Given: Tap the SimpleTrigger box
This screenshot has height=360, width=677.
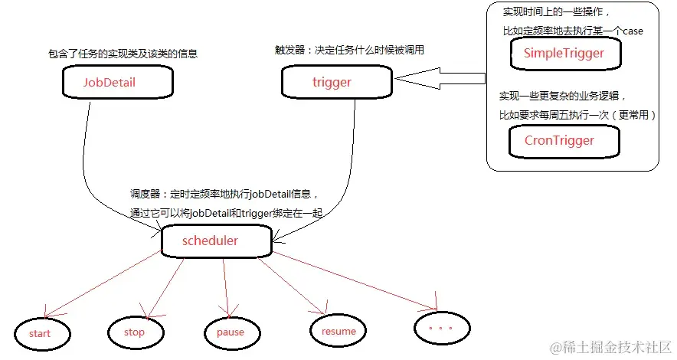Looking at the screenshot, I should pos(564,54).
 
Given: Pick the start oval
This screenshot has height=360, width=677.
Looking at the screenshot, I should pos(41,333).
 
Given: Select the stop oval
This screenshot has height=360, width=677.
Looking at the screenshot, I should pos(134,332).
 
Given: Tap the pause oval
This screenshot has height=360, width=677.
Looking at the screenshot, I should pos(230,332).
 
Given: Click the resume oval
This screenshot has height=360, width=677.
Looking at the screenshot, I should pos(338,331).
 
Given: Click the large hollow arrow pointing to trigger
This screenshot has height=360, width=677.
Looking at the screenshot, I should pos(440,77).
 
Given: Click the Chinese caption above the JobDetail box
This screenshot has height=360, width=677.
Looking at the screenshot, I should pos(127,54).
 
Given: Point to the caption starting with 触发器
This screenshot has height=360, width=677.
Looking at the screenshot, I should pos(349,50).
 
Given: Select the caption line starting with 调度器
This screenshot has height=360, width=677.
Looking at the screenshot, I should pos(224,194).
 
